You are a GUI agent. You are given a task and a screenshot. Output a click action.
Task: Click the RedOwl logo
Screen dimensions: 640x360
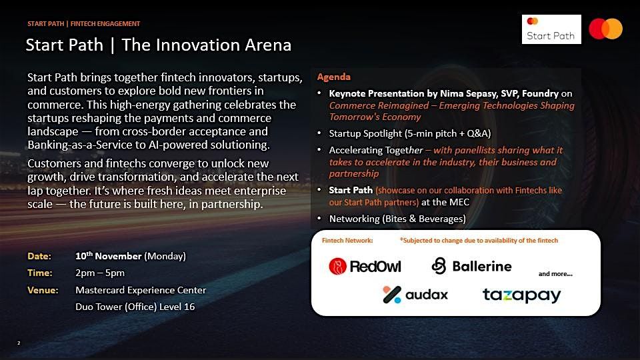365,267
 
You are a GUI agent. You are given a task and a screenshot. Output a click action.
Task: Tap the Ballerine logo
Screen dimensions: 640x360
471,266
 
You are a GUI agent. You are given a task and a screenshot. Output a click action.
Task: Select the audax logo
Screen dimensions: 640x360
415,295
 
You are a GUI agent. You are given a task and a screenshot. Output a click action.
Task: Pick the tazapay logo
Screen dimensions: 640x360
521,295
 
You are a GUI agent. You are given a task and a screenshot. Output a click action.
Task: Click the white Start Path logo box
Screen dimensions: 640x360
551,29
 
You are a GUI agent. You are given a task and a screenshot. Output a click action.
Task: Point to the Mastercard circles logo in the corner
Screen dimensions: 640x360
606,29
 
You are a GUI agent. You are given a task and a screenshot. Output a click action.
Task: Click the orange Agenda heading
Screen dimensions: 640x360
333,77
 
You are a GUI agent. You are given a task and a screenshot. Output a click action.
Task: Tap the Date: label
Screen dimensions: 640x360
39,256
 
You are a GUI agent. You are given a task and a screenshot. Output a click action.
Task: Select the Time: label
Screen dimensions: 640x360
39,273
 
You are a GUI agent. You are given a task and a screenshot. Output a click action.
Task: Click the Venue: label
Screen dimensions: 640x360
43,290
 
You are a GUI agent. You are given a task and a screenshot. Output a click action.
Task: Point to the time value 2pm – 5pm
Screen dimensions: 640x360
100,273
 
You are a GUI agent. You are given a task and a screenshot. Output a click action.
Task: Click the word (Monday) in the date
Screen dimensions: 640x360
165,256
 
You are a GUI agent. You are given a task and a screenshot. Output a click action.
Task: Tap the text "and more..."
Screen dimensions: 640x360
555,274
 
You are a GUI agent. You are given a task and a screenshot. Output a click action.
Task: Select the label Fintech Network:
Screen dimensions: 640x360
347,241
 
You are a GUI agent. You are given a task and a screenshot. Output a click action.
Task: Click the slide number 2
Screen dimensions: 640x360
19,343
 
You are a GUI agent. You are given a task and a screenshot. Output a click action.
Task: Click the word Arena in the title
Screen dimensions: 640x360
268,45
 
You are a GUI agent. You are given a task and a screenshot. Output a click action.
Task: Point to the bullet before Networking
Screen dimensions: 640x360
319,219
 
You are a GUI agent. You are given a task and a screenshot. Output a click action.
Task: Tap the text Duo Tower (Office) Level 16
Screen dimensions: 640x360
135,307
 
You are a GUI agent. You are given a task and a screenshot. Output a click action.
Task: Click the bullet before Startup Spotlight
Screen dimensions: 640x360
319,133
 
